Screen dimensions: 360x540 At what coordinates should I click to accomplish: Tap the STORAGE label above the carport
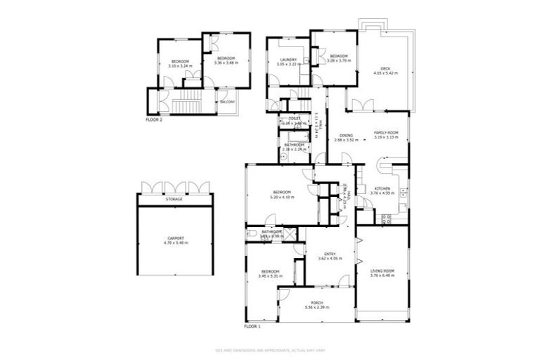(x=174, y=199)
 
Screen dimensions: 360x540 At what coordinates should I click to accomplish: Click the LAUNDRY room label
(x=288, y=59)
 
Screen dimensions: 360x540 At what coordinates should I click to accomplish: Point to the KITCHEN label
(x=382, y=188)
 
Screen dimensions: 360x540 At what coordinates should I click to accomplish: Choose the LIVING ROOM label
(x=382, y=271)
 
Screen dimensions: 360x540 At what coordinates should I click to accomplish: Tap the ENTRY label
(x=329, y=254)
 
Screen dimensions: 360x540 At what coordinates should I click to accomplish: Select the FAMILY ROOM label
(x=386, y=133)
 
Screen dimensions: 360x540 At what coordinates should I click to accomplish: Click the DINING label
(x=346, y=136)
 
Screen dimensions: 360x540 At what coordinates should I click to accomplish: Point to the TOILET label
(x=285, y=118)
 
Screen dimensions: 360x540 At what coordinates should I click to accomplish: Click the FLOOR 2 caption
(x=154, y=120)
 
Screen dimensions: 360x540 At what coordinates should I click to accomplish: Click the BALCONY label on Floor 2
(x=226, y=102)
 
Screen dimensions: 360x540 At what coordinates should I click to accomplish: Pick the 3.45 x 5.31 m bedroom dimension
(x=271, y=276)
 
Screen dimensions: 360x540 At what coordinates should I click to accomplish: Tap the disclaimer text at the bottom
(x=270, y=349)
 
